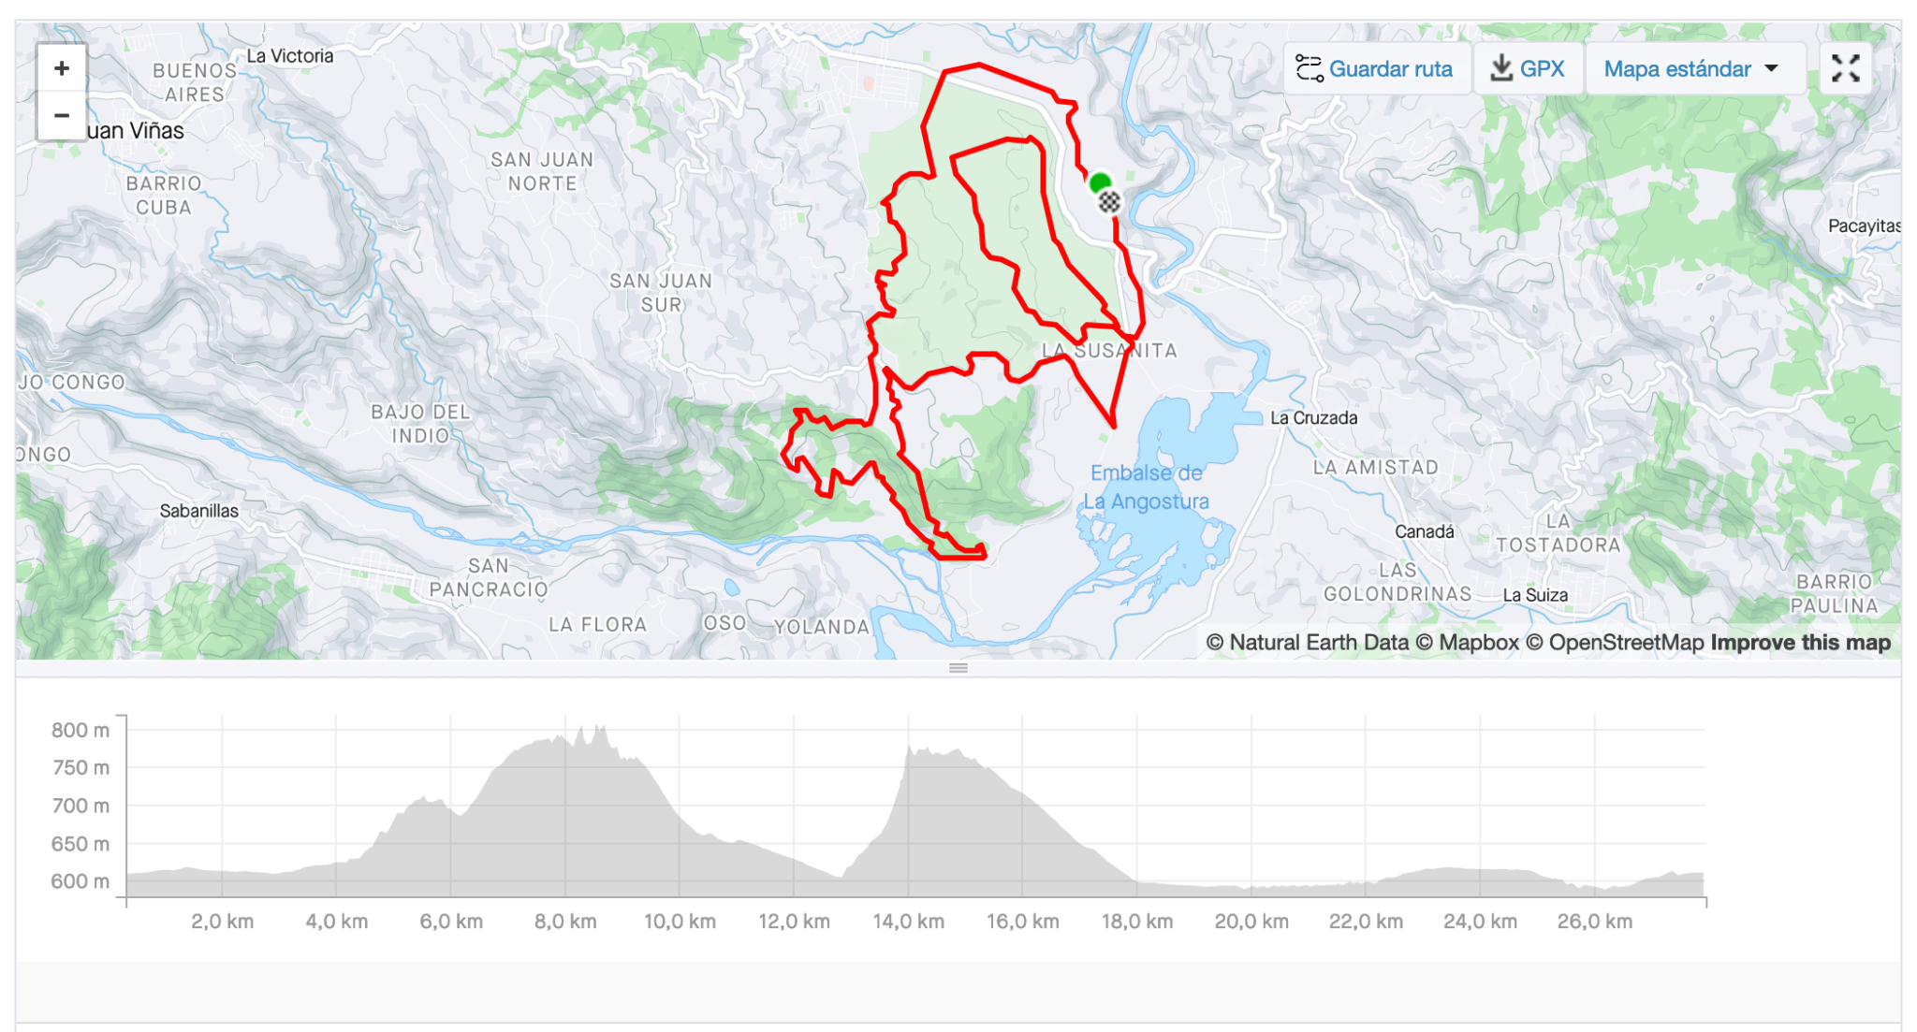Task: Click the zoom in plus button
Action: tap(62, 68)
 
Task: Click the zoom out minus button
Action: tap(62, 115)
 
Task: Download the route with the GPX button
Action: tap(1528, 68)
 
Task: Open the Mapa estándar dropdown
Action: tap(1692, 68)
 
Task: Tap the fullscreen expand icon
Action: tap(1845, 68)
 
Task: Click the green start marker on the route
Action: tap(1100, 182)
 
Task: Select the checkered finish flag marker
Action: tap(1109, 201)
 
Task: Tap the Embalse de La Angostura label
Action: tap(1146, 487)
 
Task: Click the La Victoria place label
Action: tap(290, 56)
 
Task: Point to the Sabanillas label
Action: tap(198, 511)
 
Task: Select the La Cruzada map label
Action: tap(1313, 418)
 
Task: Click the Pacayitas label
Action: tap(1863, 225)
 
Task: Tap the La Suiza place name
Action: tap(1534, 595)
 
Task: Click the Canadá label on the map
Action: tap(1424, 531)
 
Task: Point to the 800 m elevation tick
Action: tap(80, 730)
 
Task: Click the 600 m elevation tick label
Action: tap(80, 881)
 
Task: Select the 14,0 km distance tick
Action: tap(908, 922)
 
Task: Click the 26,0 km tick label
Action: tap(1594, 922)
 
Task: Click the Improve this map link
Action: tap(1800, 643)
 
